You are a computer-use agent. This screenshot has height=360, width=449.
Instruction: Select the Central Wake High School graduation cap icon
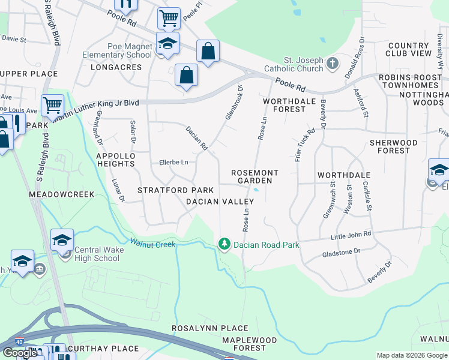[62, 241]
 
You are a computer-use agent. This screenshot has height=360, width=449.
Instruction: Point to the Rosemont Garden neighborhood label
[255, 176]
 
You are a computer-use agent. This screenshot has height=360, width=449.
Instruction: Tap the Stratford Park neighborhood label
[167, 190]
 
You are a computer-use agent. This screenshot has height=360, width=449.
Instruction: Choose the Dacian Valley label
[216, 202]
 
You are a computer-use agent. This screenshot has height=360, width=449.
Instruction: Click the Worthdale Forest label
[289, 106]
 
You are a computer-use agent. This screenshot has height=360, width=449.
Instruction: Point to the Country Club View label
[409, 49]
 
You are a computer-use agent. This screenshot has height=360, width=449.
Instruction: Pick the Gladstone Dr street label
[340, 251]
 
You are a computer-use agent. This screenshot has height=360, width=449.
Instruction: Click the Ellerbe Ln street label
[173, 162]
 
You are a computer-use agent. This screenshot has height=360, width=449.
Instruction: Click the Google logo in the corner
[20, 353]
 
